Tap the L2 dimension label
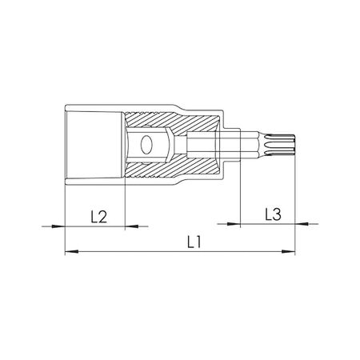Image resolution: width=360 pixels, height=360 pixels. [x=98, y=215]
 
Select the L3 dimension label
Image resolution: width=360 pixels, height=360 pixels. [x=272, y=214]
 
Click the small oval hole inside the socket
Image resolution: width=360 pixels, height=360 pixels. [x=146, y=146]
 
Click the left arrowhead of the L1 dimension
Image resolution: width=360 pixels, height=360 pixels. [x=69, y=253]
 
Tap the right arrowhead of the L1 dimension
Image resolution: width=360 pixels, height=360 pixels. [x=290, y=253]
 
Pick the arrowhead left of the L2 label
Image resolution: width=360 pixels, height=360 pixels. [x=56, y=226]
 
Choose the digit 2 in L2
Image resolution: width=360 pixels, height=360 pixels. [x=104, y=215]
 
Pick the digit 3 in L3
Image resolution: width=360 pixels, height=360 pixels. [x=277, y=214]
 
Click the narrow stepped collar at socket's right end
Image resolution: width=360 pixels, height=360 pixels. [x=230, y=146]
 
